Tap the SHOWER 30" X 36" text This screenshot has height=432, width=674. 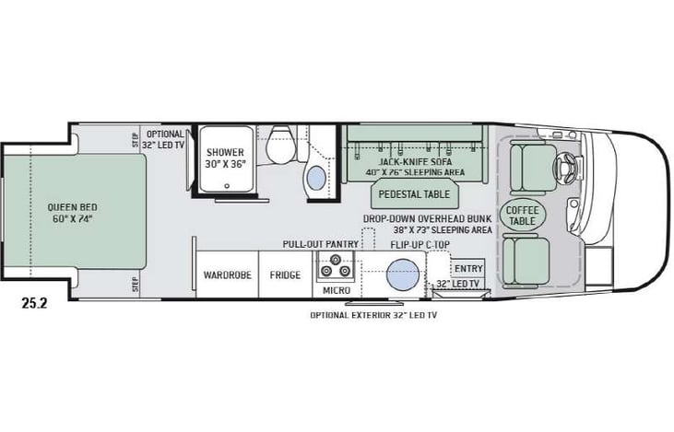(224, 158)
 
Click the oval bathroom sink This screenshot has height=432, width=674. (316, 176)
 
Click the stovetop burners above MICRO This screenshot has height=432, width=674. (333, 270)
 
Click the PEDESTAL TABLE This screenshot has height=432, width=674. (410, 194)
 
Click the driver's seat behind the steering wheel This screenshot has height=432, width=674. (530, 165)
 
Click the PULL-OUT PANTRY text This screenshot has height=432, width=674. (320, 245)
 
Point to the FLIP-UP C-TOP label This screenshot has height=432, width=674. (420, 246)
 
